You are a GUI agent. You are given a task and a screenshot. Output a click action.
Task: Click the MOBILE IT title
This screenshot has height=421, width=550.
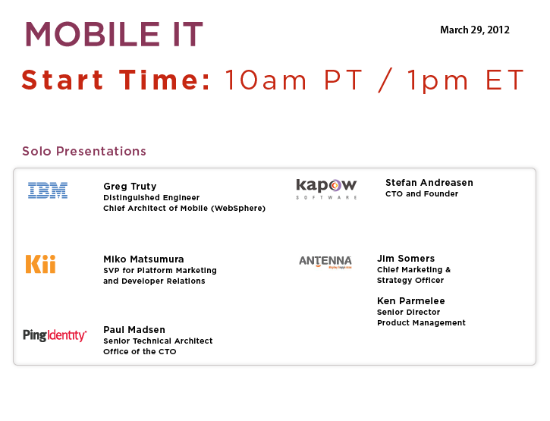(114, 34)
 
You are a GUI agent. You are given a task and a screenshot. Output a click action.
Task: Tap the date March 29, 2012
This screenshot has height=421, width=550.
(475, 30)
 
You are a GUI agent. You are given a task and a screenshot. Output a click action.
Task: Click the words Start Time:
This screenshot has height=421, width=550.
(116, 80)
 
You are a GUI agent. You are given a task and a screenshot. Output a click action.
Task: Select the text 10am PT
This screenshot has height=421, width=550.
(294, 80)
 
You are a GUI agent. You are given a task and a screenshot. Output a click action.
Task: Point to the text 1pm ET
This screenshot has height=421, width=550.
(466, 81)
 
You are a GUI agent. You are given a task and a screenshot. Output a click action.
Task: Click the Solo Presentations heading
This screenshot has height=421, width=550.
(84, 151)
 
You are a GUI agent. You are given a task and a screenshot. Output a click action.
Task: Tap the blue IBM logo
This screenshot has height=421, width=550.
(48, 190)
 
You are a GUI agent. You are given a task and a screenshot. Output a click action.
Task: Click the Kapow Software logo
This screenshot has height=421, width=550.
(326, 189)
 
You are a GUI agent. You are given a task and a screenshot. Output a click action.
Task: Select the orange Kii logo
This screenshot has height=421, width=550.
(41, 264)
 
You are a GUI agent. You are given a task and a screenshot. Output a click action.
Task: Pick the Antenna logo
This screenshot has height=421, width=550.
(325, 262)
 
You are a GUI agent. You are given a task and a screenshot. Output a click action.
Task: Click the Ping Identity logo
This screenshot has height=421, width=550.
(55, 335)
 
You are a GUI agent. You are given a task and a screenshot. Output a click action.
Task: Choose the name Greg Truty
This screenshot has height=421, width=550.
(130, 187)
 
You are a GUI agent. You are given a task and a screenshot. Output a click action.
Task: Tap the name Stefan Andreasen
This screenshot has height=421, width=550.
(429, 182)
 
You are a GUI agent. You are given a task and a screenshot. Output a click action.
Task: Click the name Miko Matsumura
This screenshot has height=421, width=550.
(143, 259)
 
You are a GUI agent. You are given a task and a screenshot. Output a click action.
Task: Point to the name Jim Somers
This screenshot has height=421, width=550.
(406, 259)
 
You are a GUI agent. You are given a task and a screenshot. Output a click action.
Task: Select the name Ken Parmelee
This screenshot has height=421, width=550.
(410, 301)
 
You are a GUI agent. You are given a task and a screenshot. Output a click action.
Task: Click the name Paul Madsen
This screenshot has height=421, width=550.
(134, 330)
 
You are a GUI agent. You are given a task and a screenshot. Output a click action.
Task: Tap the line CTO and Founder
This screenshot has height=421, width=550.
(422, 193)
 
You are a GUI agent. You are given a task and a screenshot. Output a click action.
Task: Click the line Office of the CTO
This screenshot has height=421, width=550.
(140, 351)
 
